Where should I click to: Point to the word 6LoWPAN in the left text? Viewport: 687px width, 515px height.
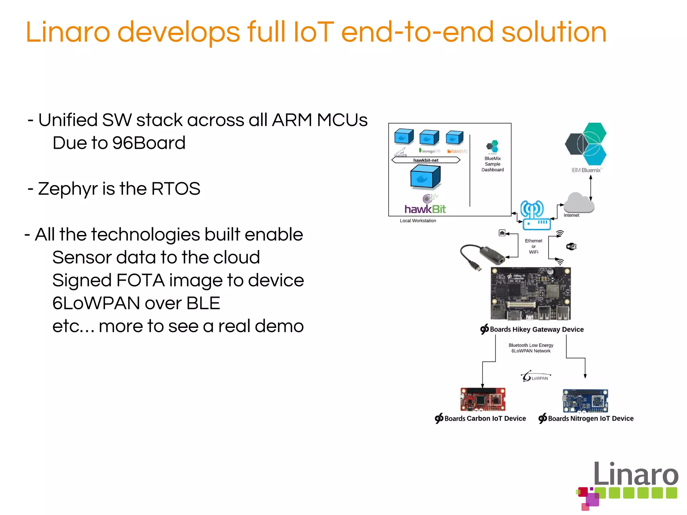pos(96,303)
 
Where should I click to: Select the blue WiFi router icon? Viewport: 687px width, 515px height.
pos(536,216)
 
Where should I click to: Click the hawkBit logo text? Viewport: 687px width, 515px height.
pos(425,209)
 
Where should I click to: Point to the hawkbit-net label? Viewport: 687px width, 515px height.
pos(426,160)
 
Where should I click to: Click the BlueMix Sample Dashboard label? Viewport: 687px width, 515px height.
pos(492,164)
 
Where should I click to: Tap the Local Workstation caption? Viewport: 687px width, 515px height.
pos(418,221)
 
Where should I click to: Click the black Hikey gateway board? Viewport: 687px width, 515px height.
pos(530,294)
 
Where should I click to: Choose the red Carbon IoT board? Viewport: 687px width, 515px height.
pos(483,399)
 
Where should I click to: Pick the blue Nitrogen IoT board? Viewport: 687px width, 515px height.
pos(585,401)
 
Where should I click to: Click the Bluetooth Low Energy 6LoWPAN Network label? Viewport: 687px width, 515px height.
pos(531,348)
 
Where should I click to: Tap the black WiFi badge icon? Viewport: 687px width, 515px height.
pos(571,247)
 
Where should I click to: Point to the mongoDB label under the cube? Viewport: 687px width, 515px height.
pos(430,151)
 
